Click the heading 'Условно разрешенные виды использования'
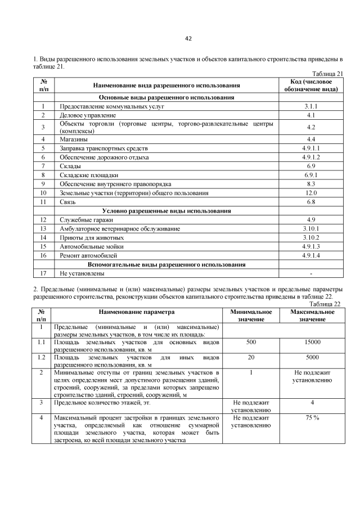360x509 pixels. (166, 210)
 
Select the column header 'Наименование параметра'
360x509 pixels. (137, 312)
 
